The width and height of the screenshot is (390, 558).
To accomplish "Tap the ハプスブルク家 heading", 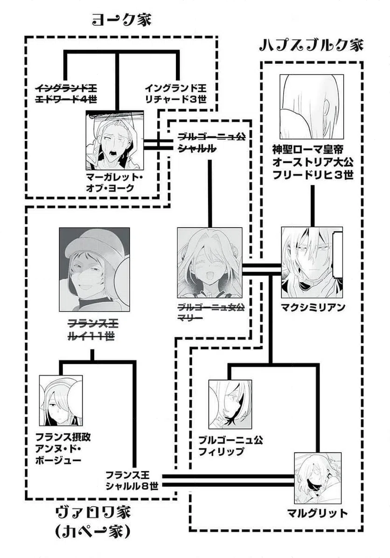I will [311, 46].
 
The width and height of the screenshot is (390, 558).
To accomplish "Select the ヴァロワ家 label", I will [93, 514].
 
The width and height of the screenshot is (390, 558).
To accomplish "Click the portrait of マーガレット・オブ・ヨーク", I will [114, 140].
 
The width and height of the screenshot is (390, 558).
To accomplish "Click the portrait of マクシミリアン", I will [312, 262].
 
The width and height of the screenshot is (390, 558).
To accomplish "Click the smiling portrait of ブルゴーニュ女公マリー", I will [210, 262].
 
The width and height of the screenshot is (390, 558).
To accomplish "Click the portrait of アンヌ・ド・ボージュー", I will [61, 400].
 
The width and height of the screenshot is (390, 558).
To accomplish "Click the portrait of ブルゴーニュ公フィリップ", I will [230, 404].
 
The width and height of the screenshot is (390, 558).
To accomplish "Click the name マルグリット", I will [317, 513].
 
